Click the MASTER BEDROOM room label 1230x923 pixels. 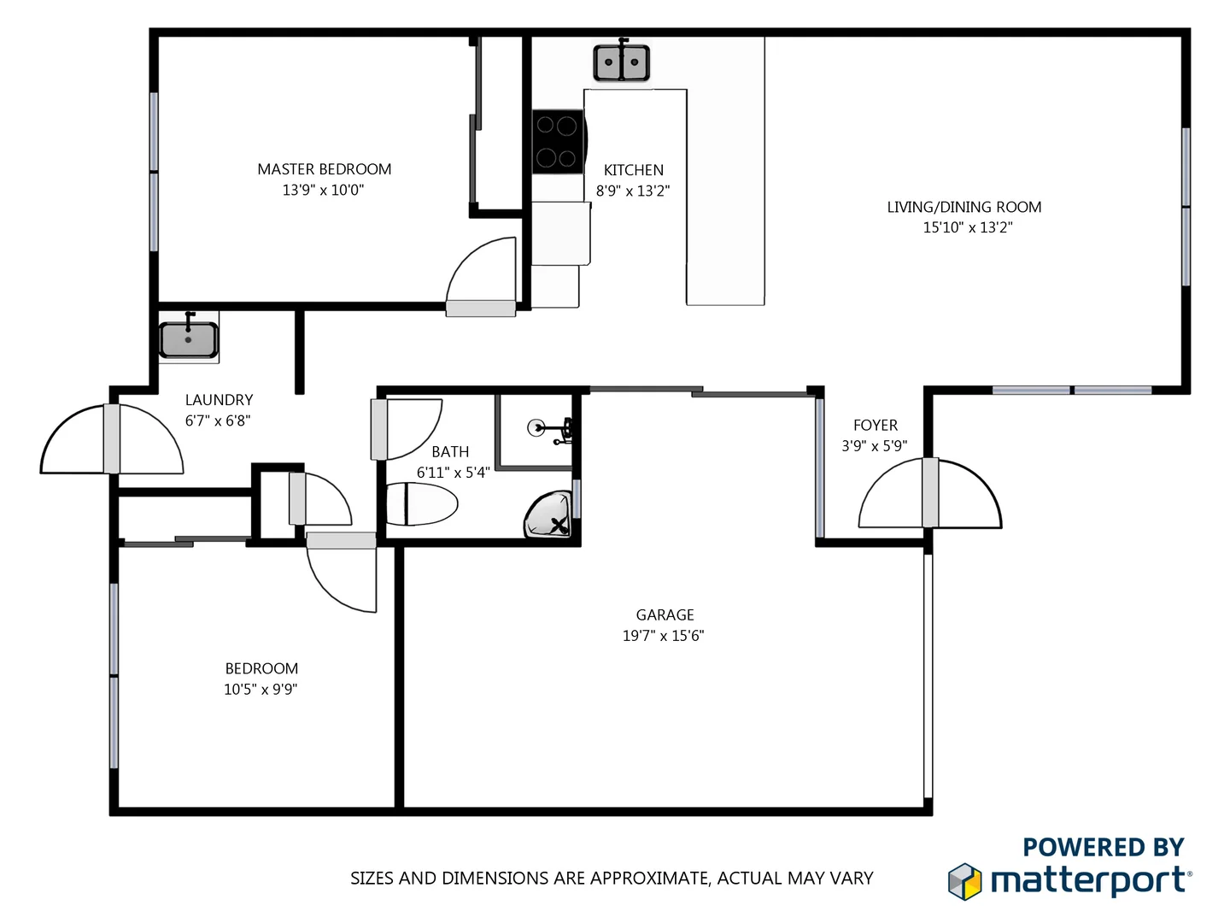(x=325, y=169)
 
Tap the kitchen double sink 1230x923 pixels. (x=621, y=62)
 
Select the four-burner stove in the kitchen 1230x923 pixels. (x=557, y=142)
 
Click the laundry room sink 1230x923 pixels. (x=189, y=339)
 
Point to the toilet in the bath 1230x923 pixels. (x=422, y=504)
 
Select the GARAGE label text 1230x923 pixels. (x=665, y=614)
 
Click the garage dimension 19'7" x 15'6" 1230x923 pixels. (x=663, y=635)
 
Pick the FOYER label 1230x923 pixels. (x=876, y=425)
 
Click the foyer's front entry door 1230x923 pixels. (x=929, y=494)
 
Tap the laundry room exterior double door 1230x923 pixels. (x=112, y=439)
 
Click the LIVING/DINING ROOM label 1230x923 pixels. (x=964, y=207)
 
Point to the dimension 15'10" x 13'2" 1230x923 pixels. (x=968, y=227)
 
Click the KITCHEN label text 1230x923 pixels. (x=633, y=170)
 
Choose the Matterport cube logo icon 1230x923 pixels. (x=965, y=881)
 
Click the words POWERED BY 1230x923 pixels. (x=1103, y=847)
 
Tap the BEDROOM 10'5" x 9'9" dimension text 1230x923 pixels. (x=261, y=689)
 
